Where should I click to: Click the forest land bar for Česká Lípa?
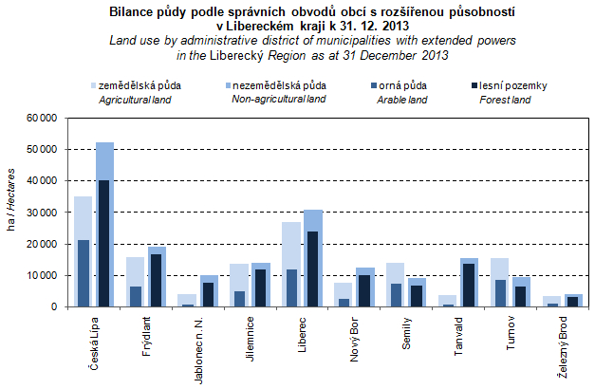(x=104, y=244)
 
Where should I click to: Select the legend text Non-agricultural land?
(x=279, y=100)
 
